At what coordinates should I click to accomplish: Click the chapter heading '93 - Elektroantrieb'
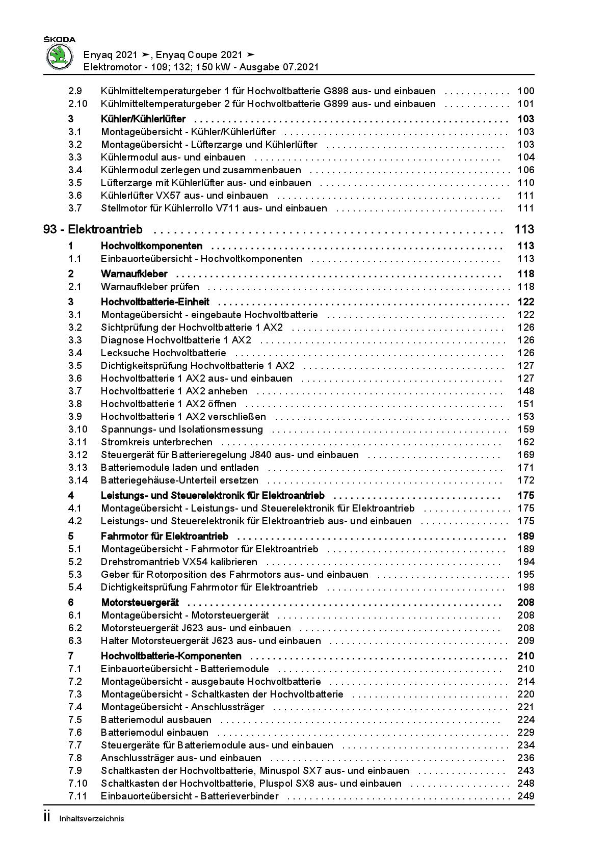[93, 230]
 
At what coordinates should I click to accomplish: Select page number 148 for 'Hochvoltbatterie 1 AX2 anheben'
[525, 391]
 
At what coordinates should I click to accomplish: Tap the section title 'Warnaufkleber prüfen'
[150, 287]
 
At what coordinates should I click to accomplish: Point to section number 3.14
[78, 480]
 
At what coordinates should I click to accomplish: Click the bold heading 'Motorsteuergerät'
[140, 603]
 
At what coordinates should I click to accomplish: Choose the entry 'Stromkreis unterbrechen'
[156, 442]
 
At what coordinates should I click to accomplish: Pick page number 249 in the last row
[525, 796]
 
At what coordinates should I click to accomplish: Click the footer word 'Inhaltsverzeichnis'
[92, 819]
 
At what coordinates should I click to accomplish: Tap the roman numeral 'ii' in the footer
[47, 817]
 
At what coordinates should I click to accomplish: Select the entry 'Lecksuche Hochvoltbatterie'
[163, 353]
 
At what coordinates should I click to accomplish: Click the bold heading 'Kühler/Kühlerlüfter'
[143, 119]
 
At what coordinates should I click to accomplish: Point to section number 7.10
[78, 784]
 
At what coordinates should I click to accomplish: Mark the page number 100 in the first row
[525, 91]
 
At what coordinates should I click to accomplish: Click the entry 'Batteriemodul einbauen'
[154, 733]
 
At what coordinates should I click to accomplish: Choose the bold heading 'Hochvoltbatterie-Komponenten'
[171, 656]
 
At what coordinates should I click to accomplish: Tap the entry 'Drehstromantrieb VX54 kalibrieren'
[179, 562]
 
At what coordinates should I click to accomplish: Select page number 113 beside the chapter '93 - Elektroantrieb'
[524, 230]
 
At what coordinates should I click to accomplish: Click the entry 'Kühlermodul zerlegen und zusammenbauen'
[201, 170]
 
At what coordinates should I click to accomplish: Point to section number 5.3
[75, 575]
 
